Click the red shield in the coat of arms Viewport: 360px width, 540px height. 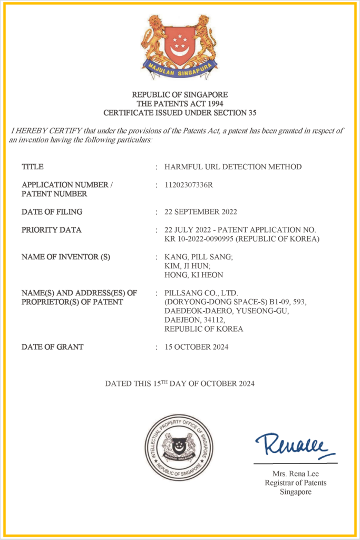(179, 45)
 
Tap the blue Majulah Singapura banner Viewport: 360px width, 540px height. (179, 69)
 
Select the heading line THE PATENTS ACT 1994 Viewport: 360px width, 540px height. (180, 103)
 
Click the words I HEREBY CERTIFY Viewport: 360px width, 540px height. (41, 130)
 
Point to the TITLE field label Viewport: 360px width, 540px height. (33, 167)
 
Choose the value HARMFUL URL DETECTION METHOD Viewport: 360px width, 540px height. (233, 167)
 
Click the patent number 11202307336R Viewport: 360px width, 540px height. (189, 185)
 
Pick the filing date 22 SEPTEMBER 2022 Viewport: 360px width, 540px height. (201, 212)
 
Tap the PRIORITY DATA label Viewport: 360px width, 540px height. (52, 230)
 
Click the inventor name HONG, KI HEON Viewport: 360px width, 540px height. (193, 275)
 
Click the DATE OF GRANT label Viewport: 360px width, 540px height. (53, 347)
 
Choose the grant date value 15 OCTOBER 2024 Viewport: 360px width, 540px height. (197, 347)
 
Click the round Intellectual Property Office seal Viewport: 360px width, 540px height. (179, 447)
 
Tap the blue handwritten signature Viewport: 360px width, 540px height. (295, 446)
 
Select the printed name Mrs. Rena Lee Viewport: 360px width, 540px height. (296, 474)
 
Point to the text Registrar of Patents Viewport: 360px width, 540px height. (296, 483)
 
